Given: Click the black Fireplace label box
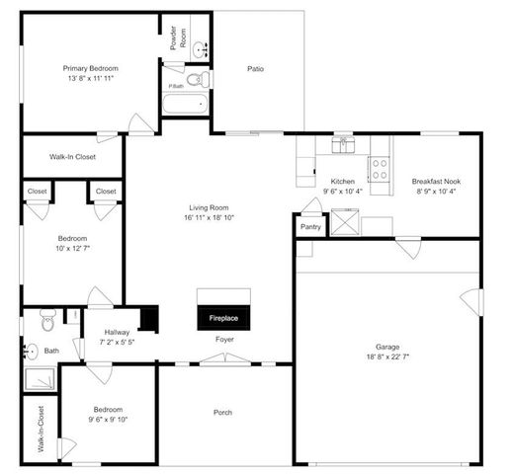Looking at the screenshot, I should point(223,319).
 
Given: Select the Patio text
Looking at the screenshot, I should point(255,69).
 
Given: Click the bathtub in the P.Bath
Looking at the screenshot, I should point(187,103).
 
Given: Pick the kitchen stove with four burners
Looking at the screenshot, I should point(379,167).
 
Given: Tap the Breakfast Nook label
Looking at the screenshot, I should point(436,182).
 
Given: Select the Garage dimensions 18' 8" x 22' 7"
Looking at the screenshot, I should point(386,358).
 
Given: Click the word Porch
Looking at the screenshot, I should point(223,412).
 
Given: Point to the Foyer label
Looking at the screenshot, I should point(224,340).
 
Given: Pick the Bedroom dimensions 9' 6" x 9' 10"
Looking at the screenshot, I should point(108,420).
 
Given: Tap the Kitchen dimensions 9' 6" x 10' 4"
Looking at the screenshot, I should point(342,192).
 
